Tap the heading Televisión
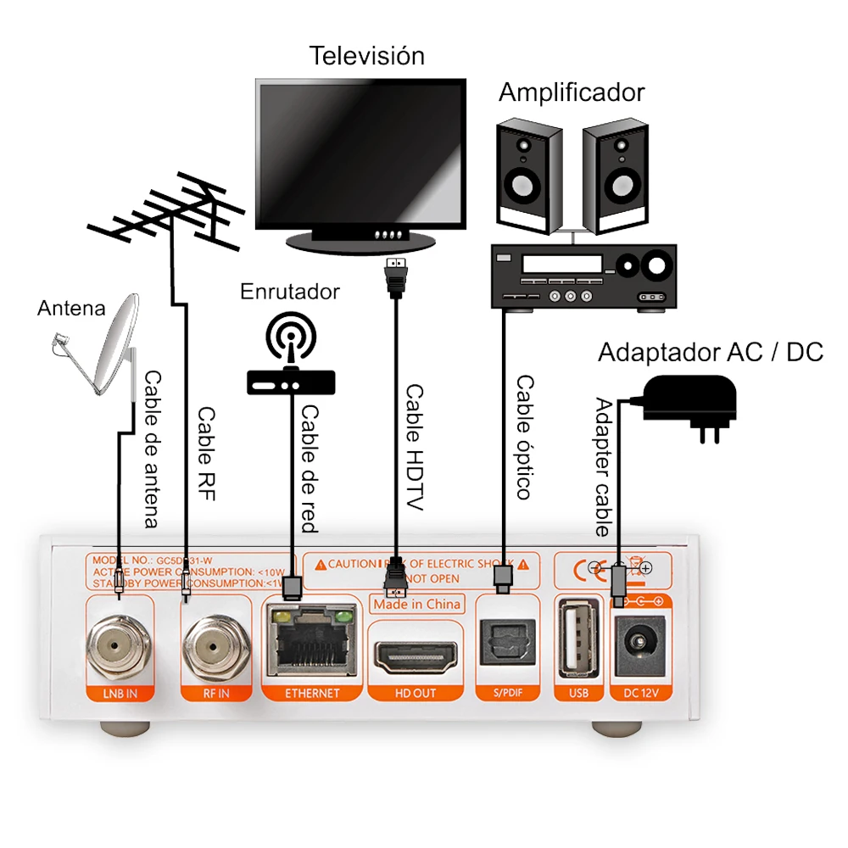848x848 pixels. (x=366, y=56)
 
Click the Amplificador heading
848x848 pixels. (x=571, y=92)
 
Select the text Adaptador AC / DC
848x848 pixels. (x=711, y=352)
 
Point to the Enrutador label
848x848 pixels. (x=290, y=292)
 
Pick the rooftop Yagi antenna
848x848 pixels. (x=166, y=216)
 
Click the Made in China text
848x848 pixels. (x=416, y=603)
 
